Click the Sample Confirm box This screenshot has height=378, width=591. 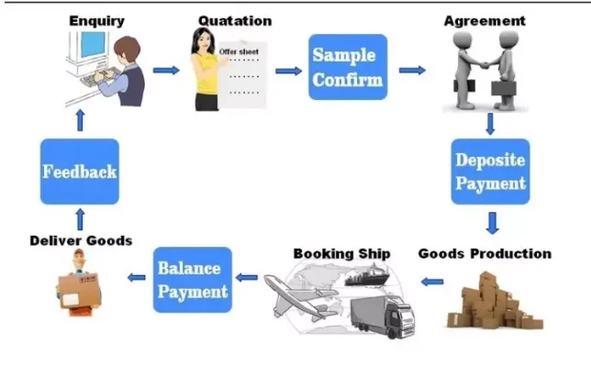347,67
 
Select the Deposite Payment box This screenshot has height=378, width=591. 491,172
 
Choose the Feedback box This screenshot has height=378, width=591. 79,172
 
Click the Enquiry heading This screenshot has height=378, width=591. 95,19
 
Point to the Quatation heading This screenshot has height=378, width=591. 234,19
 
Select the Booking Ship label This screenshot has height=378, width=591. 341,253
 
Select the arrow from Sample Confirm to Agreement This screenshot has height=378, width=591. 412,70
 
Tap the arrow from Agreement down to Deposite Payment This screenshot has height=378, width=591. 491,123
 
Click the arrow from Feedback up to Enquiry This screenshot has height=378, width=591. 79,120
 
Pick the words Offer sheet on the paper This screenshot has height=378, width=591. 239,51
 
